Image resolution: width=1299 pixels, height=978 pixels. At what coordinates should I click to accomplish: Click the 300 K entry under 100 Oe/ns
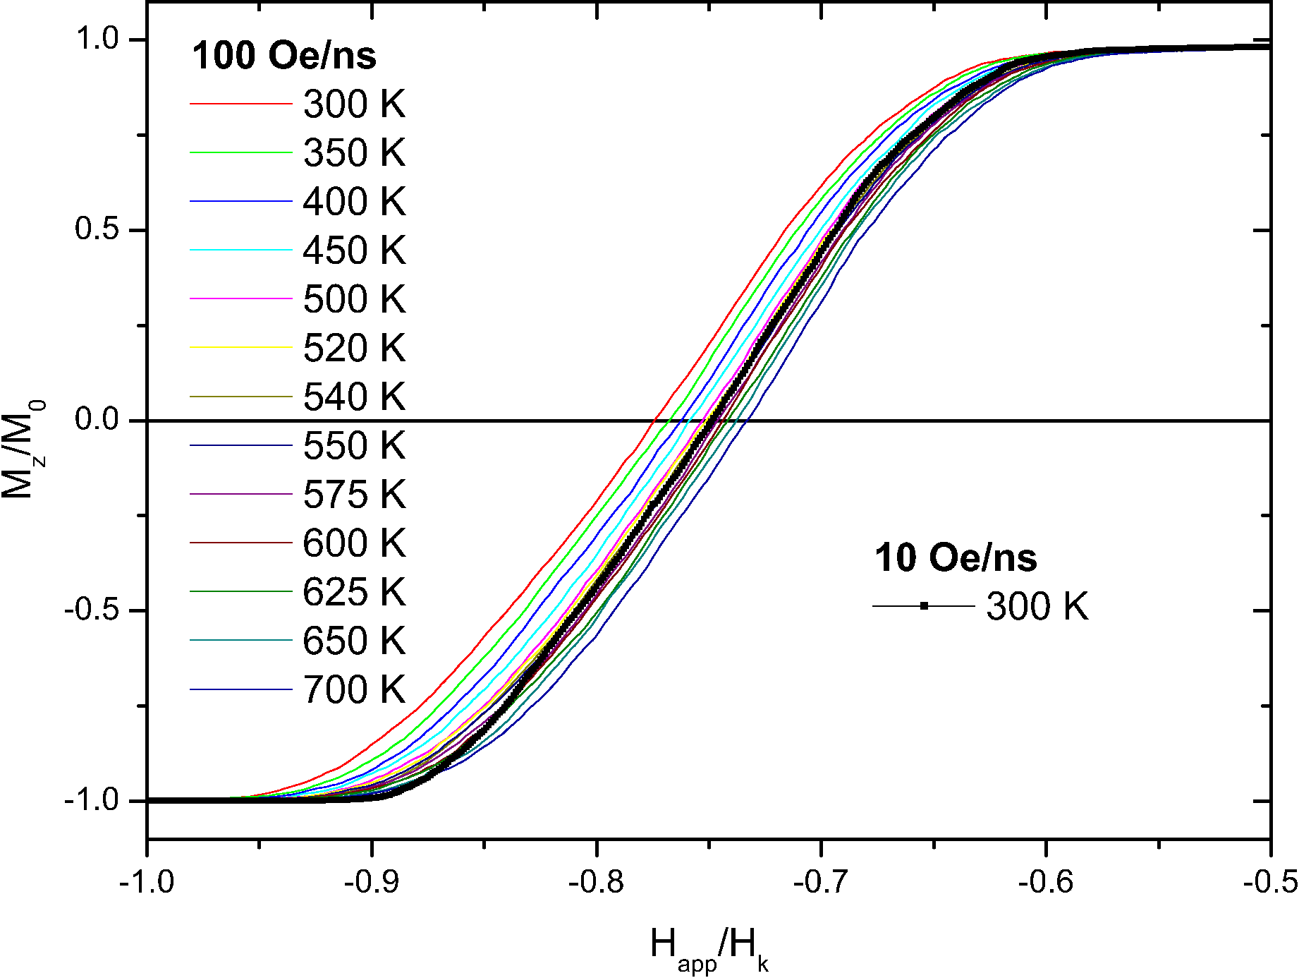pyautogui.click(x=354, y=104)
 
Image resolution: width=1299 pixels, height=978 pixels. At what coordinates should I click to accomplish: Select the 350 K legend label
pyautogui.click(x=354, y=153)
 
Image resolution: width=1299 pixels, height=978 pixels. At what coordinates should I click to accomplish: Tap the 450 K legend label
pyautogui.click(x=354, y=250)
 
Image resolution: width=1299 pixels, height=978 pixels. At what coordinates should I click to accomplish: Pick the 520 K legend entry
pyautogui.click(x=354, y=348)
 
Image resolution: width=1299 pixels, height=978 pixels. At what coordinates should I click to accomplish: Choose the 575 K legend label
pyautogui.click(x=354, y=495)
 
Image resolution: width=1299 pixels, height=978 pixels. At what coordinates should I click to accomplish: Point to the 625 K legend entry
pyautogui.click(x=354, y=592)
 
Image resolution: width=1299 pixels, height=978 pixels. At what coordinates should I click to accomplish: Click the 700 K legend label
pyautogui.click(x=354, y=689)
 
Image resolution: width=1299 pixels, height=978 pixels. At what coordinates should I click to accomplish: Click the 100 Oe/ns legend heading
pyautogui.click(x=284, y=55)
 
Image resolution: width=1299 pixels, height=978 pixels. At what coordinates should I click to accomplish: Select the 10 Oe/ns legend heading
pyautogui.click(x=956, y=557)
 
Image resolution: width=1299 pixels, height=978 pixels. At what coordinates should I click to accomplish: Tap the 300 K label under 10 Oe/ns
pyautogui.click(x=1037, y=606)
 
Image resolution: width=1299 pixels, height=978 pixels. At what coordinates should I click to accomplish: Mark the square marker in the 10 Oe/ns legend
pyautogui.click(x=924, y=605)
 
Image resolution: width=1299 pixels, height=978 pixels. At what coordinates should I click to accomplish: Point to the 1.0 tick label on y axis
pyautogui.click(x=97, y=39)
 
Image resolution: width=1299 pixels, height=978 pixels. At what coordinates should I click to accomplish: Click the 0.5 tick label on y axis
pyautogui.click(x=97, y=229)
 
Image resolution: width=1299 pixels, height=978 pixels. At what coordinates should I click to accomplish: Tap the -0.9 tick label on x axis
pyautogui.click(x=372, y=881)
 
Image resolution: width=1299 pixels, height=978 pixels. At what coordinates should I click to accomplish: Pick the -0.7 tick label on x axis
pyautogui.click(x=821, y=881)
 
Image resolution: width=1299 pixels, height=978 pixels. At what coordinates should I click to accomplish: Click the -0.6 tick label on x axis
pyautogui.click(x=1046, y=881)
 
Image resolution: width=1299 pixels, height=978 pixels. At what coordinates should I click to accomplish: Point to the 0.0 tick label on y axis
pyautogui.click(x=97, y=420)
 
